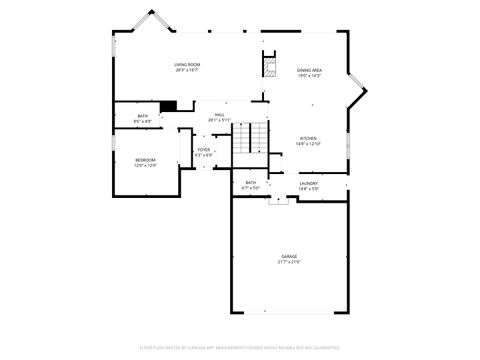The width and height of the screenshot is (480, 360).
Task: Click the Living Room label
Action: point(187,64)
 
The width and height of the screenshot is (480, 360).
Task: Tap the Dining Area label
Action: point(308,70)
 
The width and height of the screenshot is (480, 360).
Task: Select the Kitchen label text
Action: point(308,138)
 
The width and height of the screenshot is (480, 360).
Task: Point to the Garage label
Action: point(289,256)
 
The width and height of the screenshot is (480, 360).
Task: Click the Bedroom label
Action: point(146,160)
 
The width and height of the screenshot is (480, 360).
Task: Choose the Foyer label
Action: point(203,149)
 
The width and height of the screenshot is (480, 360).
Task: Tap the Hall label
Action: point(219,114)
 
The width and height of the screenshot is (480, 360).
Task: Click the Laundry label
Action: point(308,183)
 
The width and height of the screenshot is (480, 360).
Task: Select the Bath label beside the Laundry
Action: point(250,182)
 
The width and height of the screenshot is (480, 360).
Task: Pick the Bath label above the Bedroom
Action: point(143,117)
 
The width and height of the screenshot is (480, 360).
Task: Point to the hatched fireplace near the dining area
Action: point(268,66)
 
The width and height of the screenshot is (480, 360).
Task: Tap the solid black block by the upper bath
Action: point(168,106)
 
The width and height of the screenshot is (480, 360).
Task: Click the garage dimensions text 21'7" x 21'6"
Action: point(289,262)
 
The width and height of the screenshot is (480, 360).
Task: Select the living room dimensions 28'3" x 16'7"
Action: point(187,70)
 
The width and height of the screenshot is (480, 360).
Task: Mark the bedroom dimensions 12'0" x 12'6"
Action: point(146,166)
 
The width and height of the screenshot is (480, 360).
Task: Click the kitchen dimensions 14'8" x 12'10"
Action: point(308,144)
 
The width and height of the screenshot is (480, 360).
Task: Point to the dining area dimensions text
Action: point(308,76)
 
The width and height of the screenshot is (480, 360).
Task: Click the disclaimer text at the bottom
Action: point(240,349)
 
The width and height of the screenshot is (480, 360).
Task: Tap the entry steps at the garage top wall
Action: point(277,199)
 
